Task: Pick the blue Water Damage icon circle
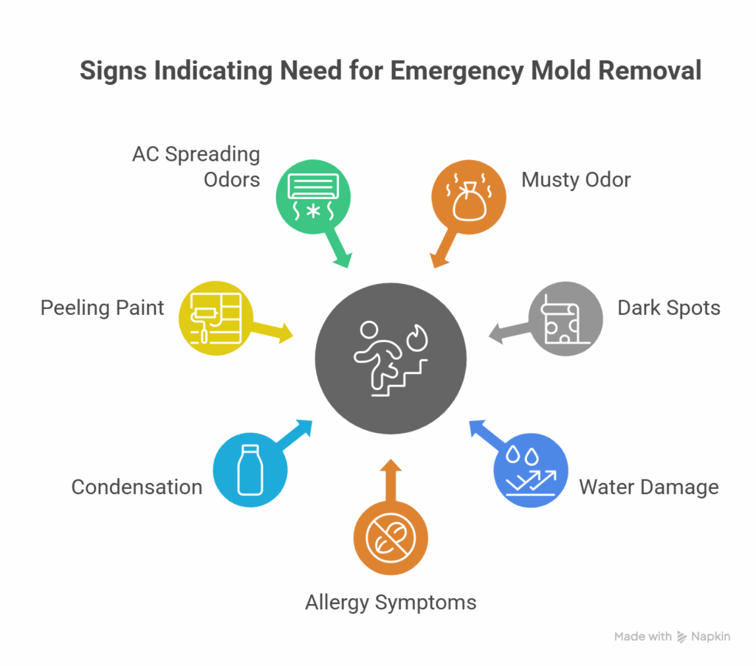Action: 531,471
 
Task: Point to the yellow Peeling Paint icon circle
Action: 216,318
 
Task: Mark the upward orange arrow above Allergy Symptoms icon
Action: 391,478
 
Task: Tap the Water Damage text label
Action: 648,487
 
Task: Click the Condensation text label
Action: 137,487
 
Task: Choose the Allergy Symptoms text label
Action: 391,602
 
